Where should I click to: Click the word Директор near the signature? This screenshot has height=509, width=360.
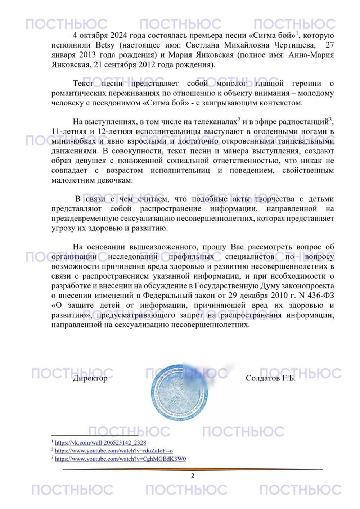coord(90,378)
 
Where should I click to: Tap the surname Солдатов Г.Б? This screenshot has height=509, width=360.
coord(270,378)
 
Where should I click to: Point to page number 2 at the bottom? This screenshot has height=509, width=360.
coord(193,476)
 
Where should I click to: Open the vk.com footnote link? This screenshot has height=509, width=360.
coord(100,442)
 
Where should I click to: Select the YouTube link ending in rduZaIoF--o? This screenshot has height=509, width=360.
coord(114,451)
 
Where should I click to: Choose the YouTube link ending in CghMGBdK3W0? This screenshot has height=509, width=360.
coord(120,459)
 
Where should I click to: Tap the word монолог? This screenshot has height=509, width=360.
coord(231,84)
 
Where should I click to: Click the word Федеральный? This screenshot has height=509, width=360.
coord(166,296)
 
